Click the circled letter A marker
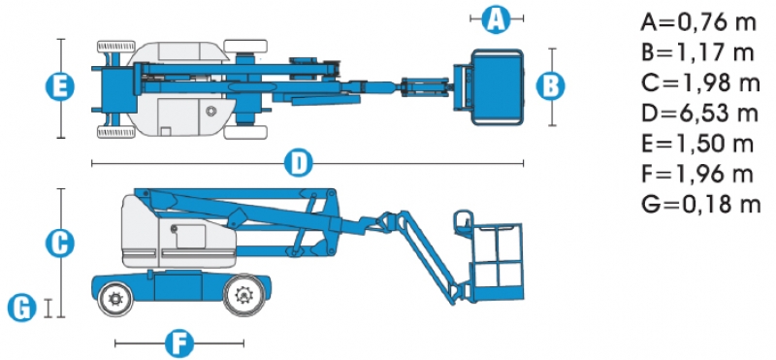pos(497,19)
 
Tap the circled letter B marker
pos(551,86)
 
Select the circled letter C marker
pos(60,244)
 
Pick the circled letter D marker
pos(299,163)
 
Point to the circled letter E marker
pos(60,86)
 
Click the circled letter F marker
pos(179,343)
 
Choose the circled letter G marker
pos(22,308)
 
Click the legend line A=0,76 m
pos(698,22)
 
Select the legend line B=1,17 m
pos(697,52)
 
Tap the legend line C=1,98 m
pos(699,82)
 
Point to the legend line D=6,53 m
pos(699,114)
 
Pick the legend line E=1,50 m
pos(697,144)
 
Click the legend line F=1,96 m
pos(697,174)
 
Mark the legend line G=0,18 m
pos(700,204)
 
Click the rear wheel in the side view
pos(115,299)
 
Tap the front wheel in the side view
pos(242,297)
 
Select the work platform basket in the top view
pos(496,87)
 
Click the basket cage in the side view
pos(497,262)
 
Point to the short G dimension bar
pos(48,308)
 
